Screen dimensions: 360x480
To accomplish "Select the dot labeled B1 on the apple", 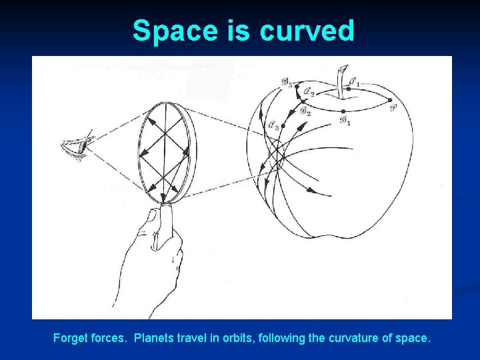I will click(x=343, y=111).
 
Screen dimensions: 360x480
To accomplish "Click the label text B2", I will click(x=305, y=111).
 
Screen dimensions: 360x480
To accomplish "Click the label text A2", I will click(x=308, y=91).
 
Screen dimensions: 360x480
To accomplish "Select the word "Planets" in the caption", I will click(x=153, y=338).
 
